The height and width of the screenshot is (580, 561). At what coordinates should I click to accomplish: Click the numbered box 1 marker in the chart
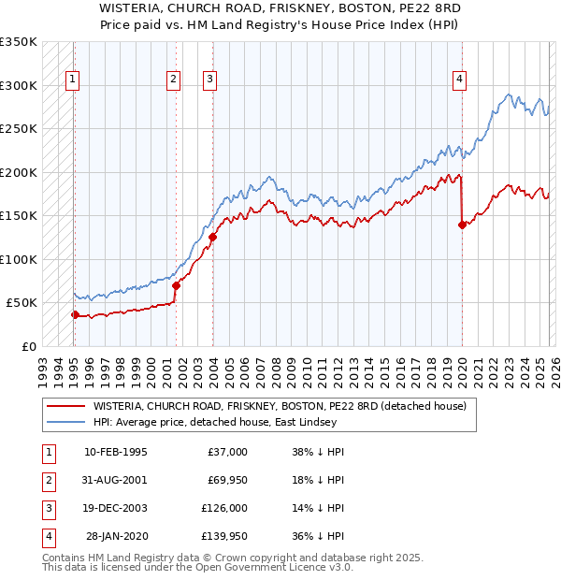73,80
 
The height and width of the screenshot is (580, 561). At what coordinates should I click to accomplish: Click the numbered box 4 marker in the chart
460,80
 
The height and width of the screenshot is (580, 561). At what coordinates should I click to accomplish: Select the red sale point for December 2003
212,237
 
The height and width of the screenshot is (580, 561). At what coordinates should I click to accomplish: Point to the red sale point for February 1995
75,314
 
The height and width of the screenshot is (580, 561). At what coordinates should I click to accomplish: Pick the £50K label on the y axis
21,303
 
